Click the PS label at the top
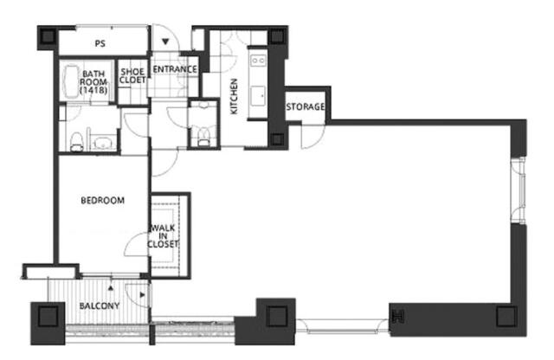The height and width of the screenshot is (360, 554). [x=100, y=44]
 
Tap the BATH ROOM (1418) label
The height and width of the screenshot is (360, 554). [x=93, y=82]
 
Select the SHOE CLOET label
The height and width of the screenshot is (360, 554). [x=132, y=76]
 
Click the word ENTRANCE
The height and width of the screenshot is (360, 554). [x=175, y=69]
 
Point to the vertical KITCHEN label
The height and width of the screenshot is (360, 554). [x=234, y=96]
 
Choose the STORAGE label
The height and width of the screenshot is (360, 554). [x=306, y=106]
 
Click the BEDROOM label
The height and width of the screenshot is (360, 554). [x=103, y=201]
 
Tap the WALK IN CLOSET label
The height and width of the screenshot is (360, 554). [x=163, y=236]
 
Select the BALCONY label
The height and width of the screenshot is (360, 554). [x=100, y=306]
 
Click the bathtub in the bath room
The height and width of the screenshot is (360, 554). [x=71, y=82]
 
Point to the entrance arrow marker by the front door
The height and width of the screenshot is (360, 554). [x=165, y=42]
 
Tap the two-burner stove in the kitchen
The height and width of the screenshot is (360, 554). [x=258, y=61]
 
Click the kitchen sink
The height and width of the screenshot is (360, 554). [x=258, y=94]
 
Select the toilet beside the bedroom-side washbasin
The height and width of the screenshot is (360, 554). [x=77, y=142]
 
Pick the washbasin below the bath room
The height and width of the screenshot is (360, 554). [x=103, y=143]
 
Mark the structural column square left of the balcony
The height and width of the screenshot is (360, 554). [x=48, y=317]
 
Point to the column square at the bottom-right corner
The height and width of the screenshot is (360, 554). [x=506, y=317]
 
